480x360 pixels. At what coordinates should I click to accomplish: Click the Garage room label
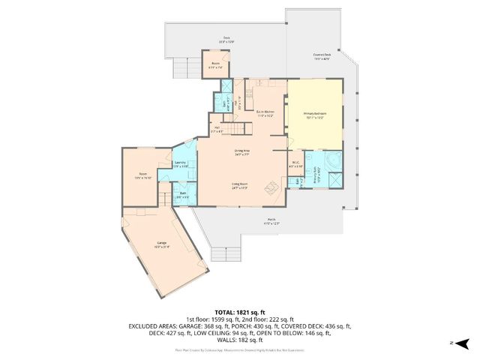162,244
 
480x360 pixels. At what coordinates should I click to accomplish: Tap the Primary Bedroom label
313,116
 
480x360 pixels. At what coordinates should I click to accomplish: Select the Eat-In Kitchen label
265,114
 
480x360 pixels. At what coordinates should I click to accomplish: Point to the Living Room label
239,185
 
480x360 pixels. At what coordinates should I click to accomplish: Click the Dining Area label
241,152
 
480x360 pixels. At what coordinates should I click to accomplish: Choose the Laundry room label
180,164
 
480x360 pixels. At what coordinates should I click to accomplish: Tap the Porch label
271,221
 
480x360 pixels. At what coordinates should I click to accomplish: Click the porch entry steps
226,253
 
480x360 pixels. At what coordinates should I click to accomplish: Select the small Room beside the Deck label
215,65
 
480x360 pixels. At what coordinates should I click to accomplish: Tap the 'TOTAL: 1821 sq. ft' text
240,311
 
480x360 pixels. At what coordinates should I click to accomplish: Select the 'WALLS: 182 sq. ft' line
240,340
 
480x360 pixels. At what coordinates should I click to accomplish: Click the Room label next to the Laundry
142,177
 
